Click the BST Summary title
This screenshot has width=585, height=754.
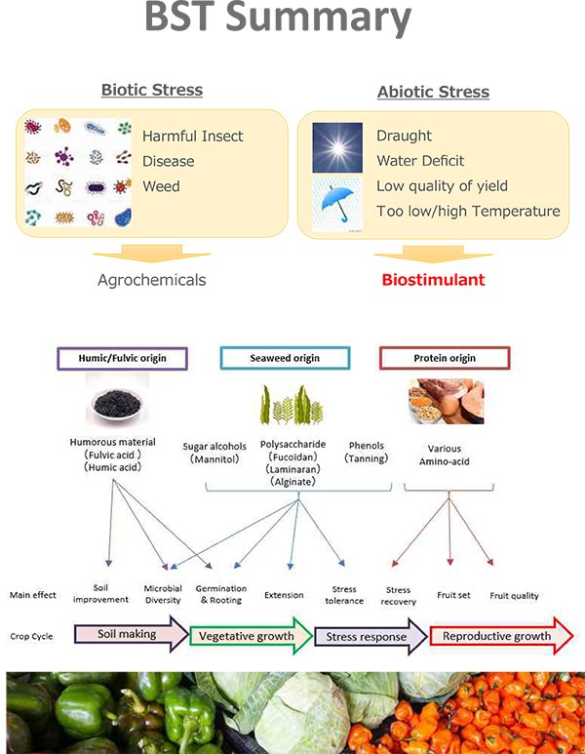(277, 20)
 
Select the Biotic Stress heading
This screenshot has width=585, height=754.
(152, 91)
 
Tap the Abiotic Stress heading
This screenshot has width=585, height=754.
(433, 93)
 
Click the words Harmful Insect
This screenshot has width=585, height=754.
(193, 137)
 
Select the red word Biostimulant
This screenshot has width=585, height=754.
(433, 280)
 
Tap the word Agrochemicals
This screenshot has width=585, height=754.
(152, 280)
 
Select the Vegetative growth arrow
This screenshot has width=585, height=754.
(251, 637)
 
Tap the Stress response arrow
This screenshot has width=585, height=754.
(370, 637)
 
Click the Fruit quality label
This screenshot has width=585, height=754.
(514, 596)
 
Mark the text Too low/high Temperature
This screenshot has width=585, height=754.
(468, 211)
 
